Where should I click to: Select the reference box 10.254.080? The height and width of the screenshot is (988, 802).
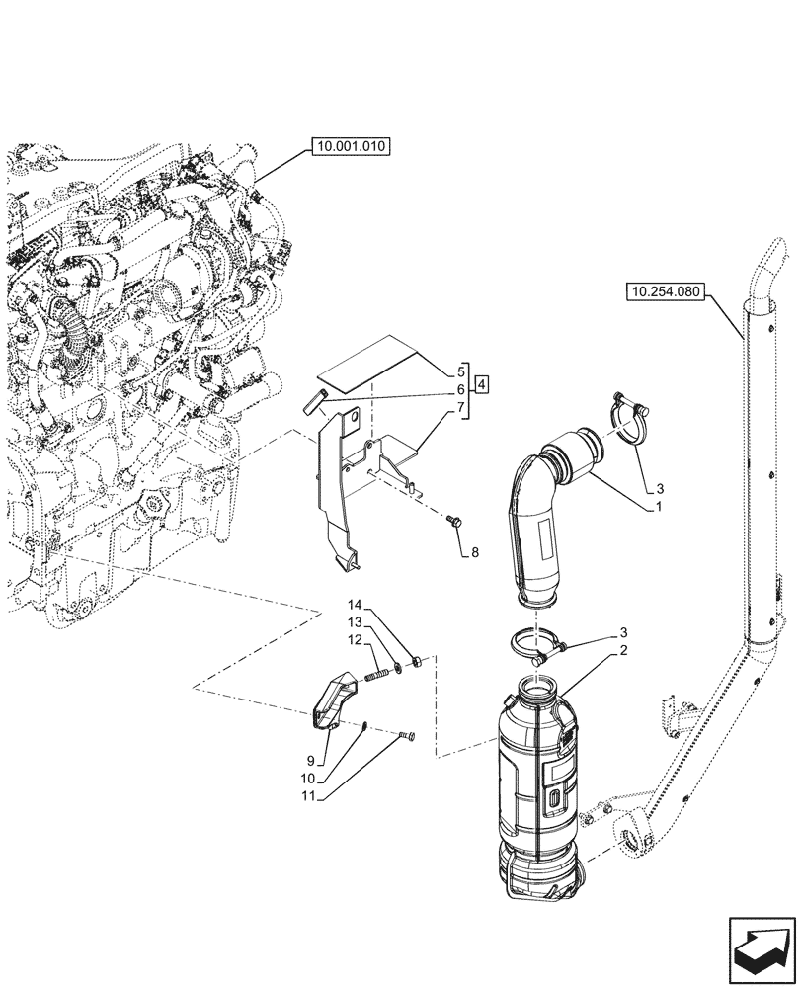coord(666,291)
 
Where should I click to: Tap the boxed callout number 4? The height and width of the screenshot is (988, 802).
coord(480,383)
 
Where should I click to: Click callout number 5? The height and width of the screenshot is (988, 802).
coord(460,371)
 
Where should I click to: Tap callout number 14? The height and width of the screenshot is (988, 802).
coord(355,604)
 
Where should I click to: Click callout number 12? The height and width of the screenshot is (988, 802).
coord(355,639)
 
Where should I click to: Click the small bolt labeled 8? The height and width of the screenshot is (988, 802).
coord(456,520)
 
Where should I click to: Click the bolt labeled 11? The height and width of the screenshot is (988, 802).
coord(409,736)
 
